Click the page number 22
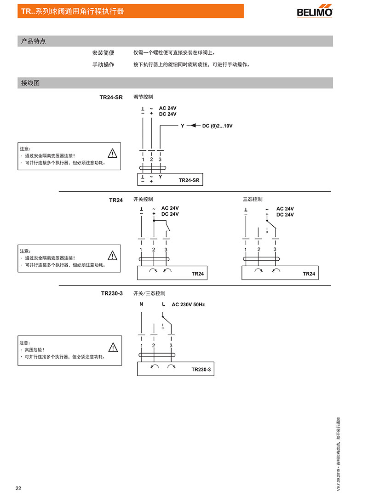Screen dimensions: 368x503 pos(18,488)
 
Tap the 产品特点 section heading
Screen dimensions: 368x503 pos(34,41)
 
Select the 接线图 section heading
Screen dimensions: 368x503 pos(30,83)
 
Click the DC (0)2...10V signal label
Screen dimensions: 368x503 pos(217,126)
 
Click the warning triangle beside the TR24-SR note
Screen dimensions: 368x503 pos(112,154)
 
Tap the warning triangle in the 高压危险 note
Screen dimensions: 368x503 pos(113,348)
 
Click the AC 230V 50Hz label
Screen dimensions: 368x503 pos(188,304)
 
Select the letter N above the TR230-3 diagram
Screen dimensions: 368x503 pos(141,304)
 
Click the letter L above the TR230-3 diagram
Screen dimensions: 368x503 pos(163,304)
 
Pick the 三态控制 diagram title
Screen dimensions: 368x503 pos(253,199)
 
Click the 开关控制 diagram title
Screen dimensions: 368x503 pos(143,199)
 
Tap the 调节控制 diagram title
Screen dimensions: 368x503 pos(143,97)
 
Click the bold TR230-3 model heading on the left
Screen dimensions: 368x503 pos(112,293)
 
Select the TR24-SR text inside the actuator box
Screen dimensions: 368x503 pos(189,180)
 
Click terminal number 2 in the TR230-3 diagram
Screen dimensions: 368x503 pos(153,345)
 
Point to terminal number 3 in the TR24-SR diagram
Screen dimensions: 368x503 pos(160,160)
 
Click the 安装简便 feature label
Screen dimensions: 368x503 pos(103,53)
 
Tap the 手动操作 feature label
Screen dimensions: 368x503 pos(103,65)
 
